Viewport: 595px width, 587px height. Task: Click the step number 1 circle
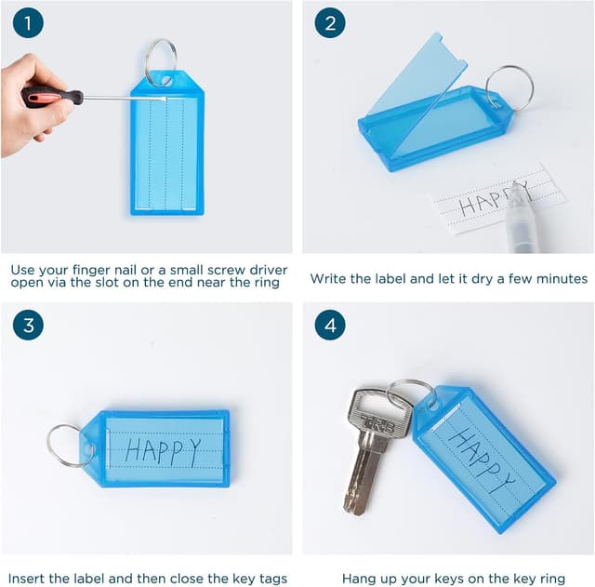(x=28, y=23)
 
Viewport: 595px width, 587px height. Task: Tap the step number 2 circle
(x=330, y=23)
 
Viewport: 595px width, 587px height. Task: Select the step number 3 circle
(x=28, y=326)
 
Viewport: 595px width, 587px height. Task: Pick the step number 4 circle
(x=330, y=326)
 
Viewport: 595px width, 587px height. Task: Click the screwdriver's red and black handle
(x=52, y=97)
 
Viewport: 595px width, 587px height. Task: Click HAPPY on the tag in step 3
(x=163, y=452)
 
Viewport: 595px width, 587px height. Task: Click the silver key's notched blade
(x=364, y=474)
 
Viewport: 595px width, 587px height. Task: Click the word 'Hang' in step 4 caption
(x=358, y=579)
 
